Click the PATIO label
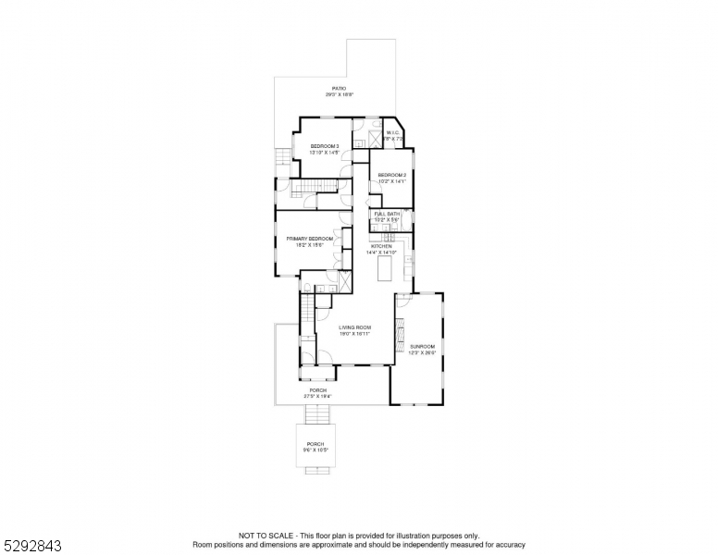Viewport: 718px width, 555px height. (340, 88)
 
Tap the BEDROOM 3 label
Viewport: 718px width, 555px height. (324, 146)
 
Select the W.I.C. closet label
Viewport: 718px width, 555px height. (392, 132)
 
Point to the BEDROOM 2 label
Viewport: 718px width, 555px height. (392, 175)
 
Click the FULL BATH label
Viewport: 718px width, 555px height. (386, 214)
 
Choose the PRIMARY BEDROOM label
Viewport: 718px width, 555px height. (303, 239)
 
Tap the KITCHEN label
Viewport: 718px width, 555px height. (381, 246)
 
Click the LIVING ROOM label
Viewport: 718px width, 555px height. (354, 327)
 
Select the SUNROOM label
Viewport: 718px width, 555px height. (422, 346)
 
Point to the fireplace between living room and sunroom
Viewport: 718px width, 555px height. (400, 329)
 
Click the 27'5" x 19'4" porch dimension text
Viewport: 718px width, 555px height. (317, 396)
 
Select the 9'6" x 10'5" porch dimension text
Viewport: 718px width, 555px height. (317, 450)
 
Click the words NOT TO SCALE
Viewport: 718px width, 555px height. (264, 536)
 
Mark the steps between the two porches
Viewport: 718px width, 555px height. (317, 414)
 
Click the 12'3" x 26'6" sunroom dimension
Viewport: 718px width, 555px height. (422, 352)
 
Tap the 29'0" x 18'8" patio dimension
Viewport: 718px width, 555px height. (340, 94)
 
